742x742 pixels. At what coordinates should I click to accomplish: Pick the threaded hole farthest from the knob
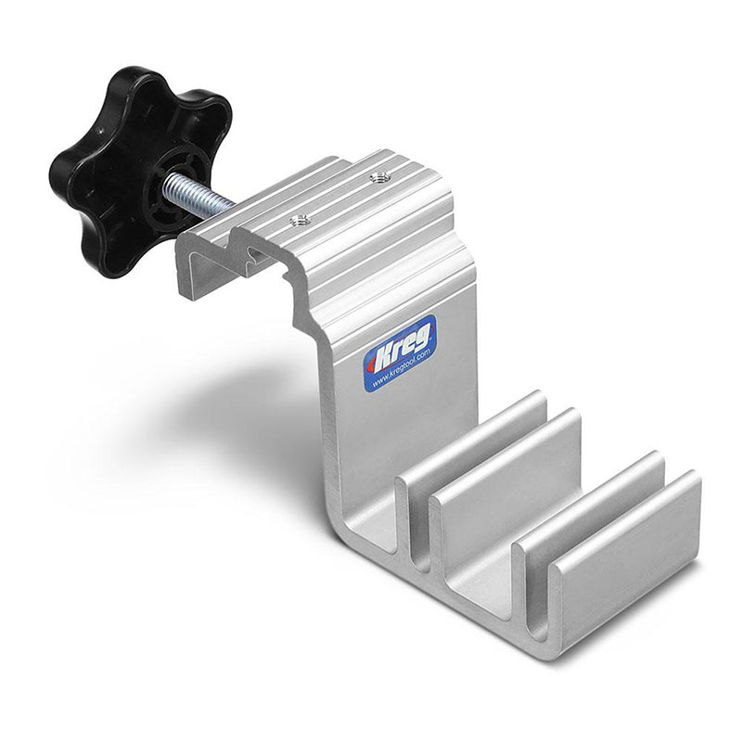tap(377, 178)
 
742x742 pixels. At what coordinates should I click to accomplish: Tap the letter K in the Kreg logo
tap(383, 355)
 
